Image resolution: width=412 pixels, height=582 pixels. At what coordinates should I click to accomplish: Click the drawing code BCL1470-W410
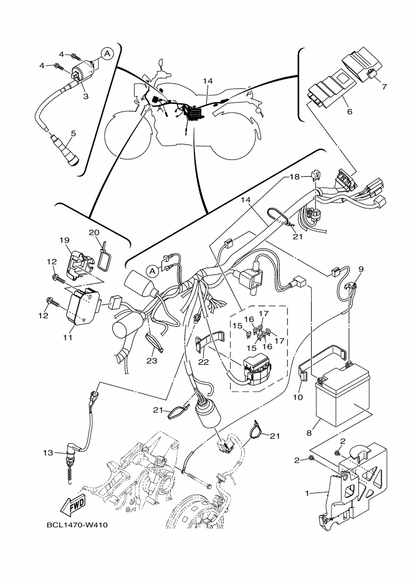78,524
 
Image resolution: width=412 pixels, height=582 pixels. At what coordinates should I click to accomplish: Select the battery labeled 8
342,398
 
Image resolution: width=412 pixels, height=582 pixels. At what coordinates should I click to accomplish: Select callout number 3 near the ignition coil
85,96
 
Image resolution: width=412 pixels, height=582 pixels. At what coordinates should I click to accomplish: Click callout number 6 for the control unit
350,112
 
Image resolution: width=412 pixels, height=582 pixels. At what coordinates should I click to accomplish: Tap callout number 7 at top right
384,87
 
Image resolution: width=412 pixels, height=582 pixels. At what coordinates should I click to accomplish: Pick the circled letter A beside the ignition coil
107,54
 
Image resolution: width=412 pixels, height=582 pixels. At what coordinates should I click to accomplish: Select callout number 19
64,240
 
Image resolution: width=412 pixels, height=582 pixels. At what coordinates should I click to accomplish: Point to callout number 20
95,232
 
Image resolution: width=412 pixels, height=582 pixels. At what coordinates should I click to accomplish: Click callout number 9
360,269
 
